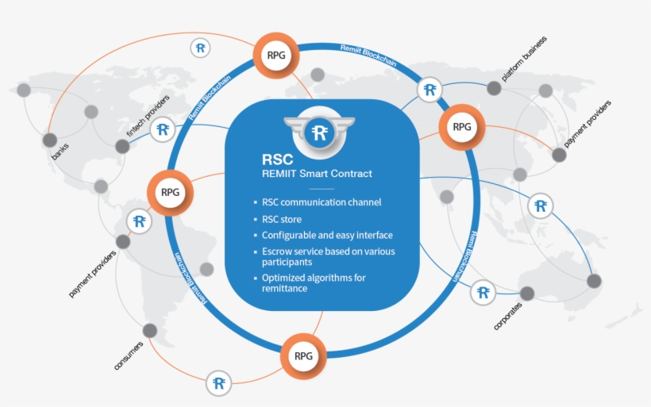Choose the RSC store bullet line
pos(281,219)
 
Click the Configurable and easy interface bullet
pos(327,236)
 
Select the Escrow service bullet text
pos(328,256)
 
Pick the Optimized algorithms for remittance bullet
pos(314,282)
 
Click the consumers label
pos(128,355)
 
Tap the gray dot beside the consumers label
pos(148,330)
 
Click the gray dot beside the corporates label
pos(527,294)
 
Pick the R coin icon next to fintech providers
pos(163,129)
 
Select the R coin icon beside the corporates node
pos(483,293)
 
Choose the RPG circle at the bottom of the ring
pos(303,355)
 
